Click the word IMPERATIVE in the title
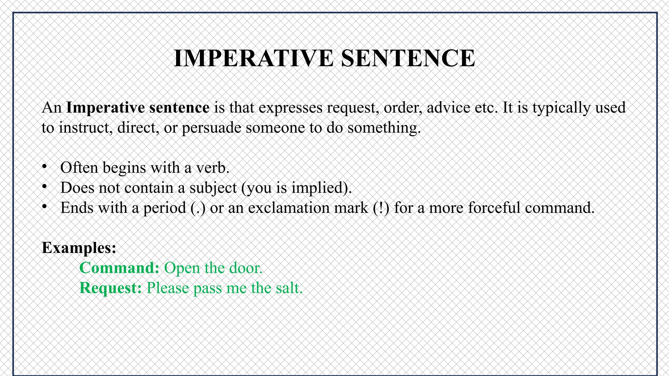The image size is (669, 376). pos(253,58)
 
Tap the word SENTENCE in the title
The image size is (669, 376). pos(408,58)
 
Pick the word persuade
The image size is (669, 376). pos(211,128)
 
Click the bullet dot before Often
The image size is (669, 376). pos(45,166)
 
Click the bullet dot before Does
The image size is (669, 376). pos(45,186)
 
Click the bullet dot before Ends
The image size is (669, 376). pos(45,207)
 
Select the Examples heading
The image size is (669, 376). pos(79,248)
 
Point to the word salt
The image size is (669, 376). pos(289,288)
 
